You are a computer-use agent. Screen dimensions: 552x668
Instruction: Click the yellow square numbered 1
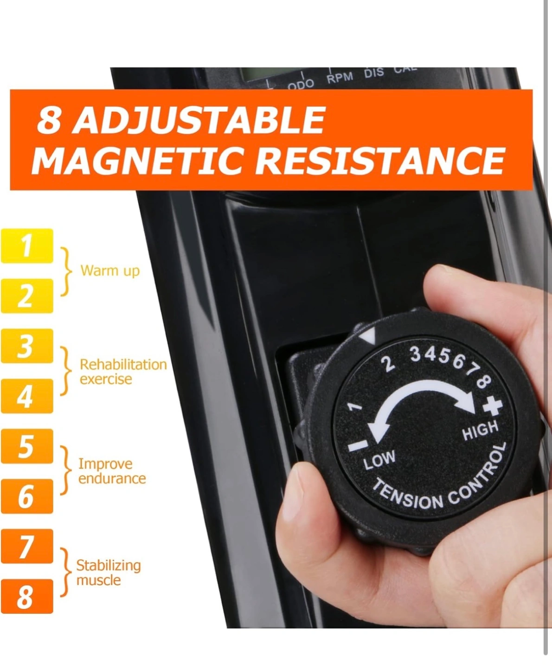pos(27,246)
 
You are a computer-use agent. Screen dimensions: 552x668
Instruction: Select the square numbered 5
pos(27,446)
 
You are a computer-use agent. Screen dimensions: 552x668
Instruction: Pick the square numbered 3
pos(27,346)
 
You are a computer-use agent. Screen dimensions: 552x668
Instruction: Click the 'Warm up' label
pos(110,271)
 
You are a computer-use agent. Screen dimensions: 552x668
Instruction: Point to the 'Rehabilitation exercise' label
pos(123,372)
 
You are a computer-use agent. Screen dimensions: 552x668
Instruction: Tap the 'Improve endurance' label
pos(112,471)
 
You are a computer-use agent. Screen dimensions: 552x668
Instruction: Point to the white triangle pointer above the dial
pos(368,337)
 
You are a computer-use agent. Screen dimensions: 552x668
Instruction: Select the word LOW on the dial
pos(379,460)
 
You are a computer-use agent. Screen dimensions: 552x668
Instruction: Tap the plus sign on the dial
pos(493,407)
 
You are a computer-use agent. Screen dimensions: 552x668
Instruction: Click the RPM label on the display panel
pos(340,78)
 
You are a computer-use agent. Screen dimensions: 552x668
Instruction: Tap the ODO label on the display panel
pos(301,84)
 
